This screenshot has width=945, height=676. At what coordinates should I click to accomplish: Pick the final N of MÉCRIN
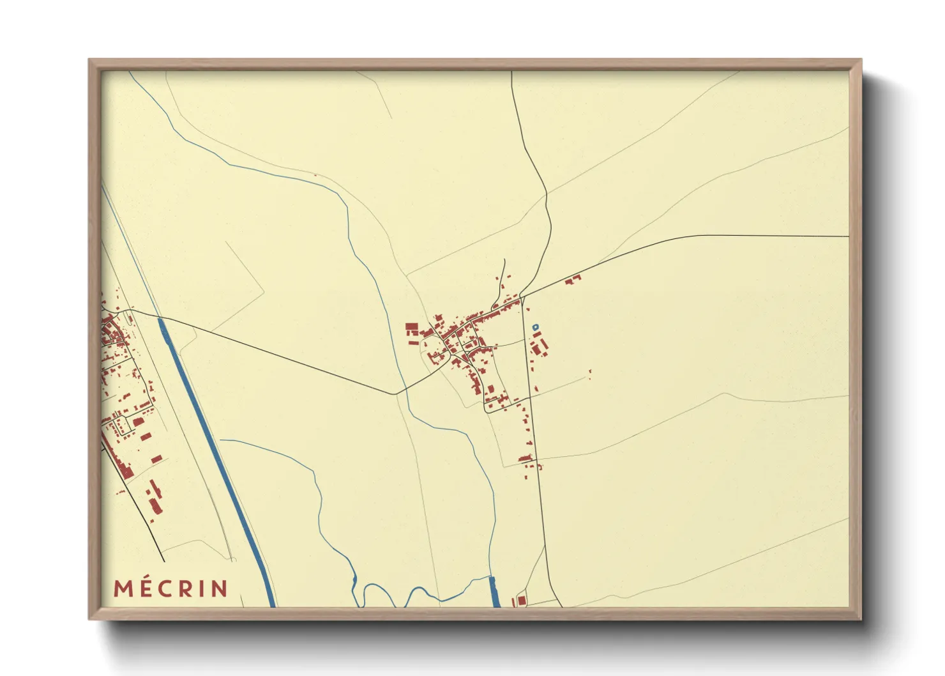[219, 588]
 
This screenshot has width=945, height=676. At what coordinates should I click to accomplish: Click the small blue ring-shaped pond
[535, 327]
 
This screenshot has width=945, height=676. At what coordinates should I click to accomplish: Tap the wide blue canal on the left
[217, 447]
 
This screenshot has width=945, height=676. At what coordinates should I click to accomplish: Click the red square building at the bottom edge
[521, 601]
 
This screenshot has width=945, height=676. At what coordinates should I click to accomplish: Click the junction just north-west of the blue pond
[522, 297]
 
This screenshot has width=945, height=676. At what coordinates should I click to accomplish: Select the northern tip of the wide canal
[161, 321]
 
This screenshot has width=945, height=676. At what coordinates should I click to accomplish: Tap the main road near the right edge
[830, 236]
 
